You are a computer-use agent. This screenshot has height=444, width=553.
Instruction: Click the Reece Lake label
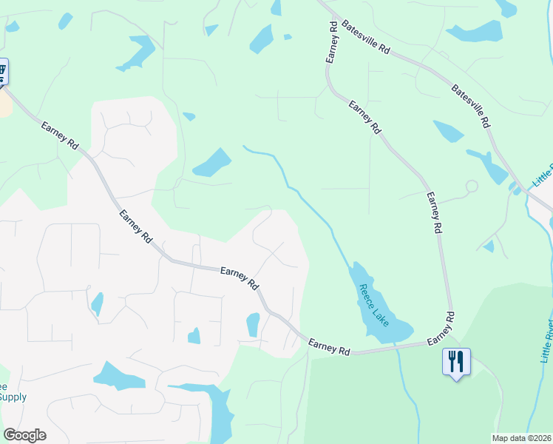(373, 303)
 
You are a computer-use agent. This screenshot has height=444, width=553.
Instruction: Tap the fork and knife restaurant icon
(456, 361)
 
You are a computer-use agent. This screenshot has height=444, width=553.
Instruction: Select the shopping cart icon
(2, 72)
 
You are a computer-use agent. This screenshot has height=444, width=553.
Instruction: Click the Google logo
(24, 435)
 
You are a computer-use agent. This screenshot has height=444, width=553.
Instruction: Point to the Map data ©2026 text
(522, 438)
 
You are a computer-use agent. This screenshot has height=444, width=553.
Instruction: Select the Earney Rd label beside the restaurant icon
(441, 327)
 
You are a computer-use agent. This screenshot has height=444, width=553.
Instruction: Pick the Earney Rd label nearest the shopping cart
(60, 135)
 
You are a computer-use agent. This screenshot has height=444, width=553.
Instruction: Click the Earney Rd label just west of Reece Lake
(329, 346)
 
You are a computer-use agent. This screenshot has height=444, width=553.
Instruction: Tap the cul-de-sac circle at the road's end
(471, 186)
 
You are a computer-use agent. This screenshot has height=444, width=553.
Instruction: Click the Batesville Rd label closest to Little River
(471, 104)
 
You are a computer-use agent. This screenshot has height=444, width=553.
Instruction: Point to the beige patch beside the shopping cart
(5, 104)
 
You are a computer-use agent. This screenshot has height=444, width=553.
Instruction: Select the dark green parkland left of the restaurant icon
(370, 400)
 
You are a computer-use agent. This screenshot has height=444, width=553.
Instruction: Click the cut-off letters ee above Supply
(3, 386)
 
